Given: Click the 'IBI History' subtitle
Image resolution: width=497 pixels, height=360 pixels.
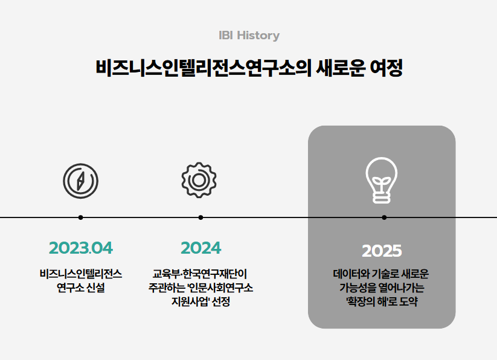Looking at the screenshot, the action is (x=249, y=36).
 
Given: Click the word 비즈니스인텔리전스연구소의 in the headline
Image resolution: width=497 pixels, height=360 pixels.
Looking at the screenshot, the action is (x=204, y=68).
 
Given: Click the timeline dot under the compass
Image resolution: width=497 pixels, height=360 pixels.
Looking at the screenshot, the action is (x=80, y=217).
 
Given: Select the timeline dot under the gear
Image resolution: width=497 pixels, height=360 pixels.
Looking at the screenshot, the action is (x=200, y=217).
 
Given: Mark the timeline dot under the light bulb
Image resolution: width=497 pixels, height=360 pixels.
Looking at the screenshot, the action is (x=384, y=217).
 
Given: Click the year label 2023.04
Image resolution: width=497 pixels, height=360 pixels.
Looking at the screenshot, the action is (x=81, y=248).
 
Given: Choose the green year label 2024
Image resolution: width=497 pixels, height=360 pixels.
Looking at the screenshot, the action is (x=201, y=248).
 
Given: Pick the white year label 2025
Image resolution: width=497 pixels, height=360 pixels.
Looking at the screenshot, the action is (x=382, y=251).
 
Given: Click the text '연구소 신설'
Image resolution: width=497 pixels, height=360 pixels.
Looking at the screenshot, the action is (x=81, y=288).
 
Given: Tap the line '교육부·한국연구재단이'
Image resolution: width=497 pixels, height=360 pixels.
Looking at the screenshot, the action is (x=200, y=274).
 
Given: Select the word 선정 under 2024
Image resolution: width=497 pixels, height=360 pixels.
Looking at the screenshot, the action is (x=221, y=301).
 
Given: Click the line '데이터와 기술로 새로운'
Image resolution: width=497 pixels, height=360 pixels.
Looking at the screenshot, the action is (x=381, y=274).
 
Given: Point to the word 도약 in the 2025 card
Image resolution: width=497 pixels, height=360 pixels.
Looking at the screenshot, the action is (x=408, y=301).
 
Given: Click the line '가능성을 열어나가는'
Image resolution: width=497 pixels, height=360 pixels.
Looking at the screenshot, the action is (x=382, y=288).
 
